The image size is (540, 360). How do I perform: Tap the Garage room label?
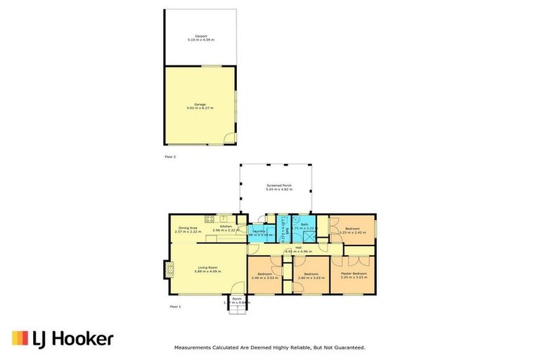pyautogui.click(x=200, y=105)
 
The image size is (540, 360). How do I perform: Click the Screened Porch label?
pyautogui.click(x=278, y=186)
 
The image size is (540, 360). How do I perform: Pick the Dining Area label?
pyautogui.click(x=188, y=227)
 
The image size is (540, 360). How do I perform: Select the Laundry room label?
pyautogui.click(x=258, y=231)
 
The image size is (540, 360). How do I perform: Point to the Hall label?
pyautogui.click(x=298, y=247)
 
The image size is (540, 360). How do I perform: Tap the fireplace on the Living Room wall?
pyautogui.click(x=167, y=270)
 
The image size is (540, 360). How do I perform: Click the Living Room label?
pyautogui.click(x=207, y=266)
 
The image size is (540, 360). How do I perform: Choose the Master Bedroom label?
pyautogui.click(x=353, y=273)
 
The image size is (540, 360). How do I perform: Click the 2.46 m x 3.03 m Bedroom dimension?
pyautogui.click(x=264, y=278)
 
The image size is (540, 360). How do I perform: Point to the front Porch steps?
pyautogui.click(x=236, y=310)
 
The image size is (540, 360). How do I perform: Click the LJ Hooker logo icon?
pyautogui.click(x=20, y=339)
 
